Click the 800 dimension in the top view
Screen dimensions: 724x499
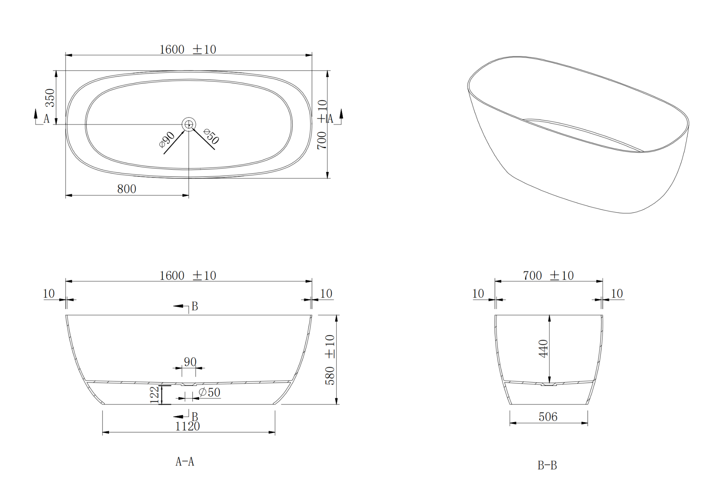tap(127, 189)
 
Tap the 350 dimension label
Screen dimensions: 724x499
tap(50, 98)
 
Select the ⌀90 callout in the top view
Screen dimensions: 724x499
tap(167, 139)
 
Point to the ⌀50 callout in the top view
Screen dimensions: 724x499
tap(211, 136)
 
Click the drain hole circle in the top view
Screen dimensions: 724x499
tap(189, 124)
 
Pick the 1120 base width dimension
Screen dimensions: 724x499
tap(187, 426)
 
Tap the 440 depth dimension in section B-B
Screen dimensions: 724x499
tap(543, 349)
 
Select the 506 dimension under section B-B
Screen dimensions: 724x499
tap(548, 416)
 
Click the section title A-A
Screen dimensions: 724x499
tap(185, 462)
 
